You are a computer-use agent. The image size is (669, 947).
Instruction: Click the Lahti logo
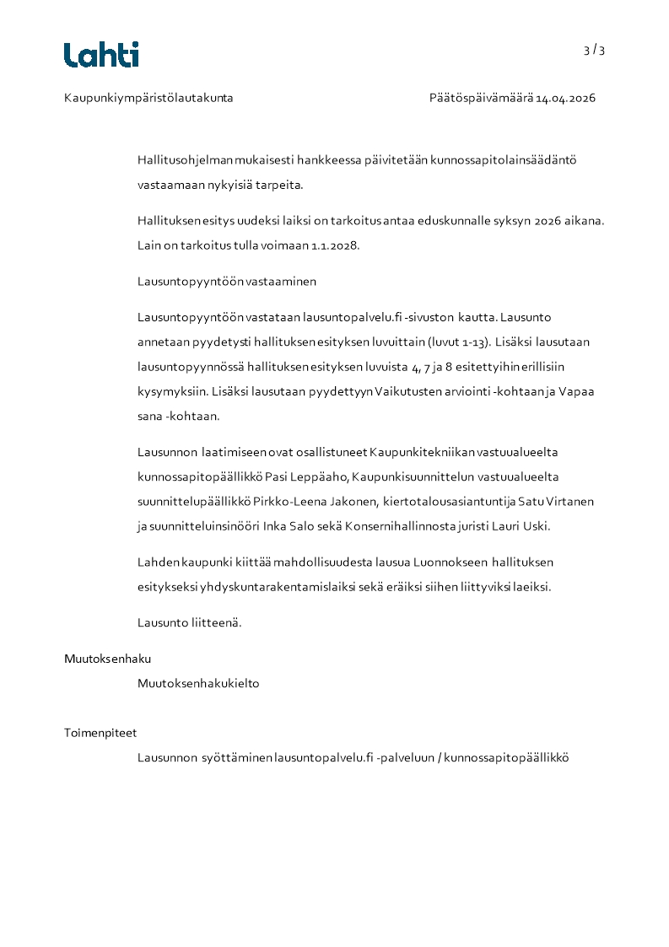pos(101,55)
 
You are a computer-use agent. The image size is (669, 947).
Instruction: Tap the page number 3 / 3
pos(594,50)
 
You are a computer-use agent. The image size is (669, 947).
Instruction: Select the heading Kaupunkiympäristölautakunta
pos(148,98)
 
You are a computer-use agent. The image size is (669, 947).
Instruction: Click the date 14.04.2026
pos(565,98)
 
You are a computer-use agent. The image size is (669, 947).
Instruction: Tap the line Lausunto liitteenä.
pos(190,622)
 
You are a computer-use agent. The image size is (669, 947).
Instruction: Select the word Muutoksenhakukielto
pos(198,683)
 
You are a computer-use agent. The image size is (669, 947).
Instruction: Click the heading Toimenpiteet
pos(100,733)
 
